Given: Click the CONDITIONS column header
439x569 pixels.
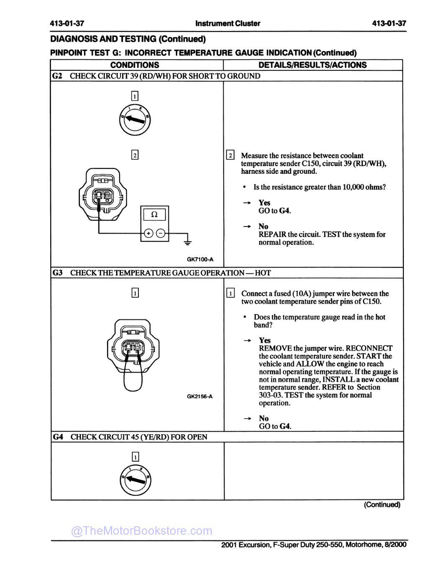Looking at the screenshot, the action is click(135, 65).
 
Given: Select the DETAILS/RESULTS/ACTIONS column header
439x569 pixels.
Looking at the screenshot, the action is click(312, 65).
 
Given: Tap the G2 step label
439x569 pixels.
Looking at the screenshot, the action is click(57, 76).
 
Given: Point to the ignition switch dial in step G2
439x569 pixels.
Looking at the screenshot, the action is click(135, 119).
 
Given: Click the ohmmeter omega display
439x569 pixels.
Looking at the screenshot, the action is click(154, 215).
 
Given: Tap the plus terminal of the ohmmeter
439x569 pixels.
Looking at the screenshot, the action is click(148, 233).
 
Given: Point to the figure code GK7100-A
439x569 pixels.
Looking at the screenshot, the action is click(200, 259).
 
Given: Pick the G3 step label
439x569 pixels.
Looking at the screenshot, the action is click(57, 273).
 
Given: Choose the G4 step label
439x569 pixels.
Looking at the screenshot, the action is click(58, 437).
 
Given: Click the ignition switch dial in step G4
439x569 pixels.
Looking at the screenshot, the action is click(135, 478).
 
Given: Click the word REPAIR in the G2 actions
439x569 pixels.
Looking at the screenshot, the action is click(272, 234).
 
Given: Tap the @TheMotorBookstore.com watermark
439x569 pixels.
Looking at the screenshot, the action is click(142, 531).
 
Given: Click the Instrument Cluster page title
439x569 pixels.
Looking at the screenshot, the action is click(227, 23).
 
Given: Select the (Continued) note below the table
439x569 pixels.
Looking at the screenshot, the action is click(382, 505).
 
